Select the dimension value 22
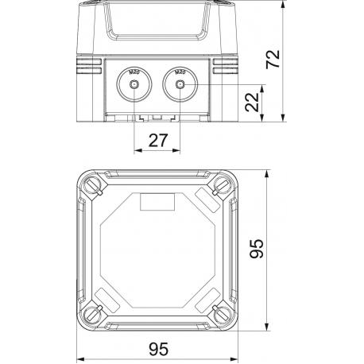251,103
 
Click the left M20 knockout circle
134,84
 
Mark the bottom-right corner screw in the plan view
220,314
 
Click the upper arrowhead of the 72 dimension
283,6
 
